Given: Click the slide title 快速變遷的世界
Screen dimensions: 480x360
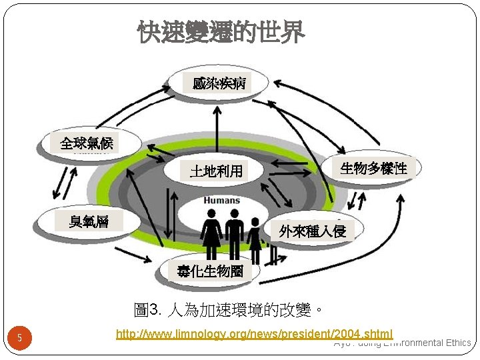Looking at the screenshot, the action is click(221, 31).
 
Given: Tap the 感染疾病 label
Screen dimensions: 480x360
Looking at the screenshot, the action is click(219, 83).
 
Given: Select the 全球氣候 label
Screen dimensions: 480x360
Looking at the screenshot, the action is click(87, 143).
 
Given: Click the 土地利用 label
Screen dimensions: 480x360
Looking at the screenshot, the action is click(216, 171).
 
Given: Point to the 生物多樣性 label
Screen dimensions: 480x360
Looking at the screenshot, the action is click(373, 168).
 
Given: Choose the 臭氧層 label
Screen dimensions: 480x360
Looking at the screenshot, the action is click(89, 221).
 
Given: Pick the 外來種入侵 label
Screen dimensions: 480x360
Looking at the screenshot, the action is click(313, 231).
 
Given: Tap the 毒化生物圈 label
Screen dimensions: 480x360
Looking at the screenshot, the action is click(210, 271).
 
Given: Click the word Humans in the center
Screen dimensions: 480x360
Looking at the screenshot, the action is click(222, 200).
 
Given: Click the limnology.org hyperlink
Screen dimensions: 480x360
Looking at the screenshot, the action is click(254, 333).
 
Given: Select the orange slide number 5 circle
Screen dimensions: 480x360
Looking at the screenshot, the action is click(20, 338).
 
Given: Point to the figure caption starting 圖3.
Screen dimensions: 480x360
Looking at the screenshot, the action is click(229, 310).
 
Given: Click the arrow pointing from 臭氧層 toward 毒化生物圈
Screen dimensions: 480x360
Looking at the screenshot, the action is click(137, 257).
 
